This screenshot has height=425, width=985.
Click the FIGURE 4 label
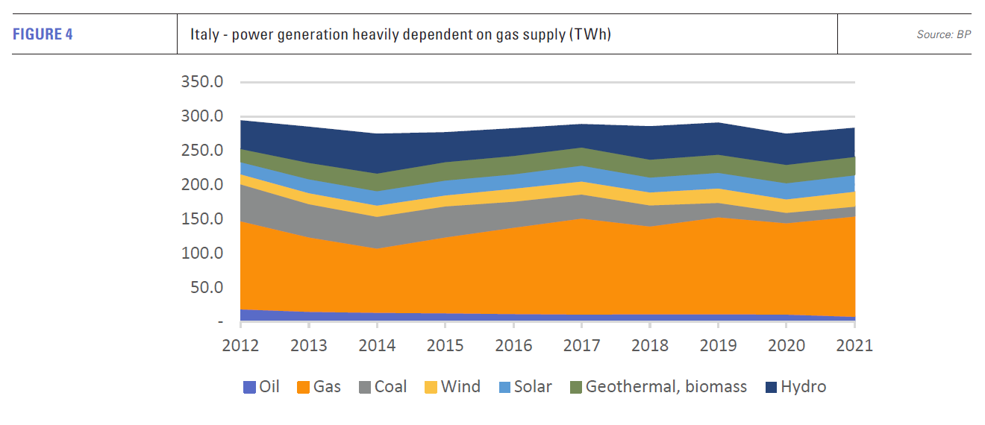point(43,34)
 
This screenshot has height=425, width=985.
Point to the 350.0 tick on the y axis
point(201,81)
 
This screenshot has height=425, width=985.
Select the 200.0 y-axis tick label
point(201,184)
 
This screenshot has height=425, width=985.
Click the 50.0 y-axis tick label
point(206,287)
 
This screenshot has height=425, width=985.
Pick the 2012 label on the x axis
point(240,346)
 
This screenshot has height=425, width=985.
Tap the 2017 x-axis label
point(581,346)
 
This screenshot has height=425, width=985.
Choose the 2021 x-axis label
point(854,346)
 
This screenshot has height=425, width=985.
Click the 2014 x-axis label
point(377,346)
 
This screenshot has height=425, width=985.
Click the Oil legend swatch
point(249,387)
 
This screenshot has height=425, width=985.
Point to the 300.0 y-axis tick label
point(201,116)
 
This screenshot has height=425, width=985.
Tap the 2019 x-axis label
point(718,346)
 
